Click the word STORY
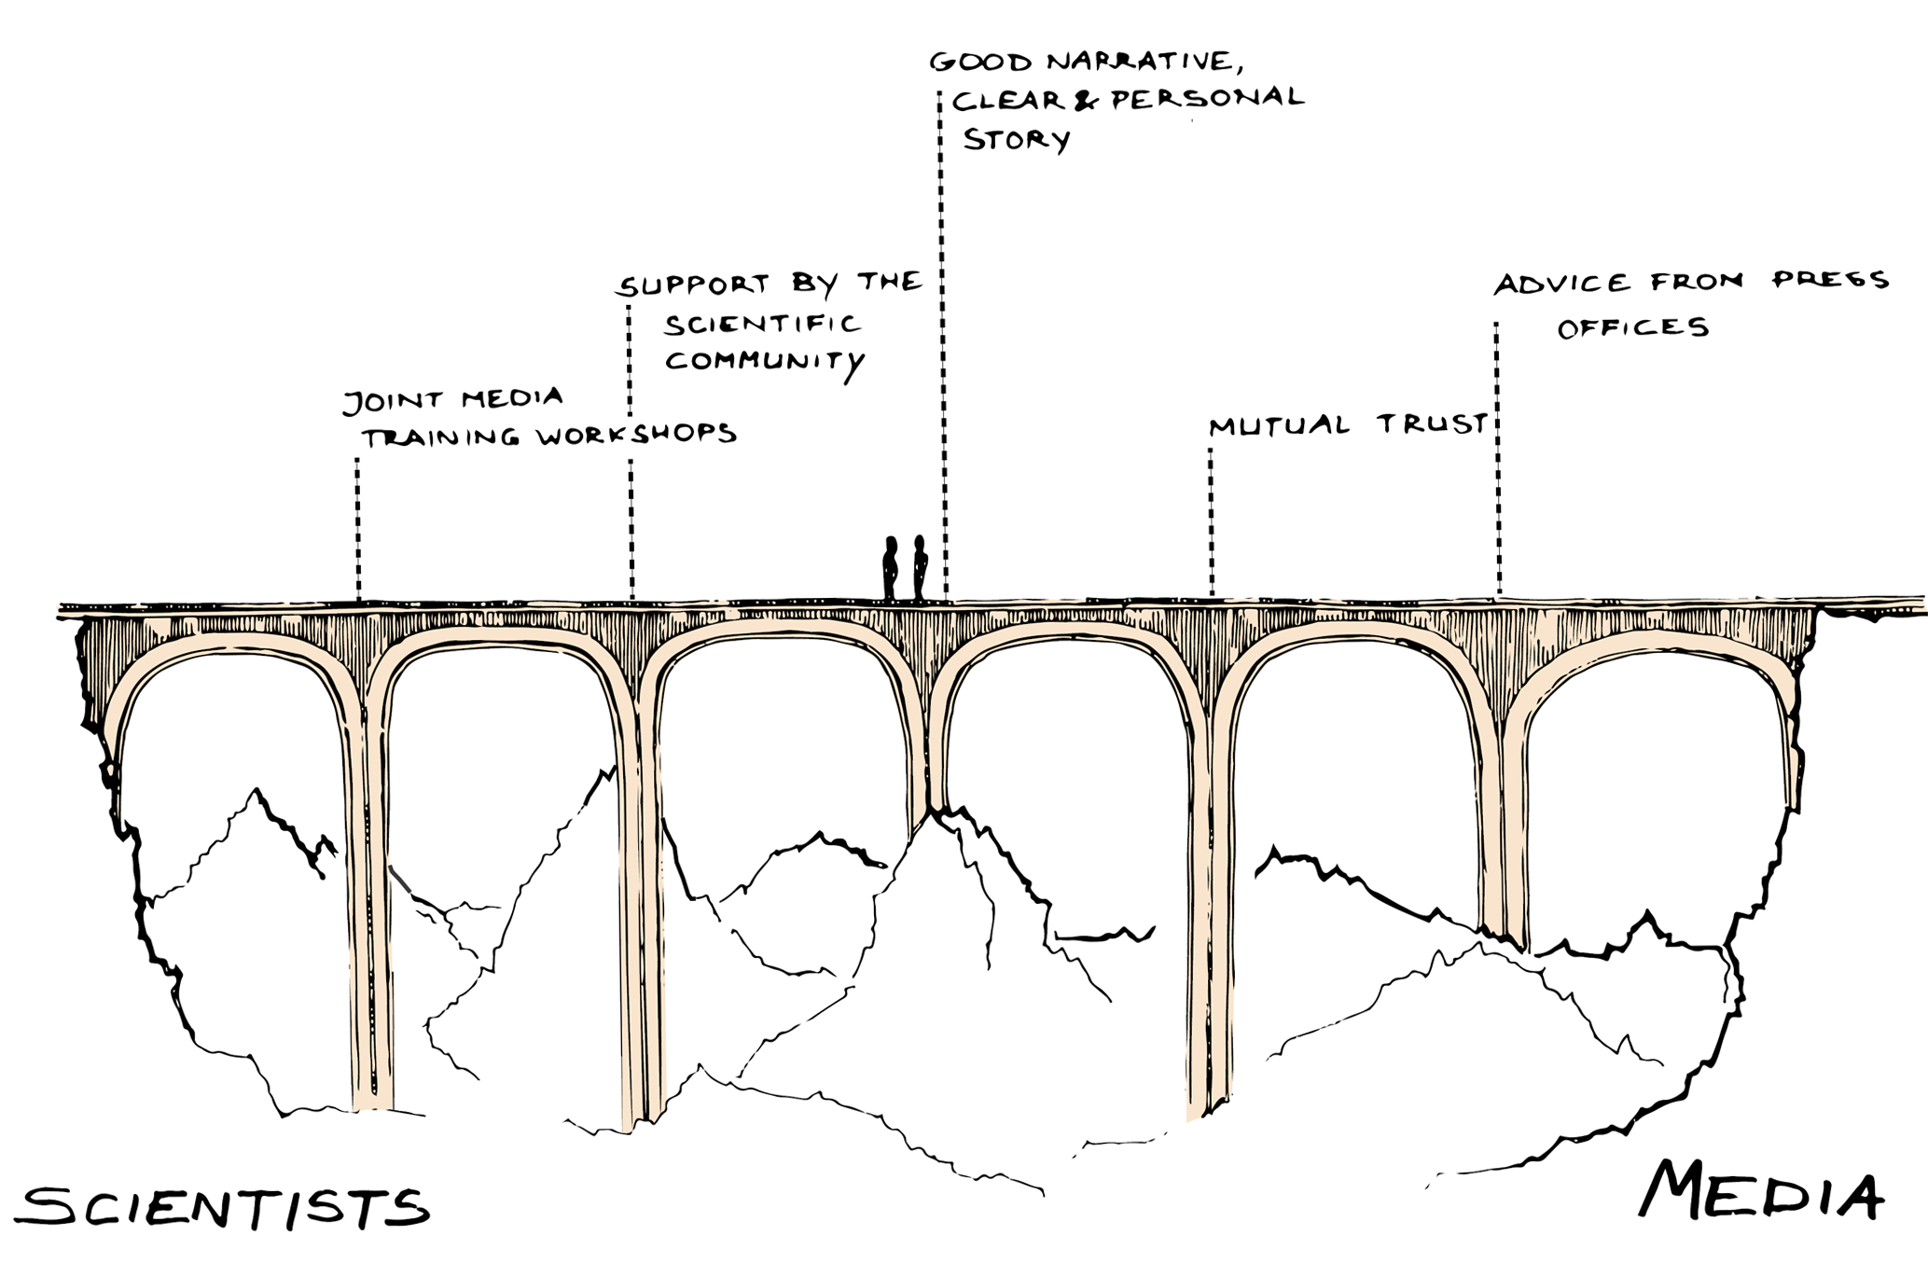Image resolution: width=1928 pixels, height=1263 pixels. click(x=1016, y=140)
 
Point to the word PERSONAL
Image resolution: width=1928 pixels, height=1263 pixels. click(x=1206, y=98)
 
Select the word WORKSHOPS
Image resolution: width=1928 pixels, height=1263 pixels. click(x=637, y=434)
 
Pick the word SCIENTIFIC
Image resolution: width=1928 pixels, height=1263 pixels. click(x=762, y=324)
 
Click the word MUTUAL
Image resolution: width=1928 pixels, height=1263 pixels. click(x=1278, y=426)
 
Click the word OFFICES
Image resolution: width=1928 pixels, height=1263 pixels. click(x=1632, y=327)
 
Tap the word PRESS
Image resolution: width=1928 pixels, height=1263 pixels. click(x=1830, y=280)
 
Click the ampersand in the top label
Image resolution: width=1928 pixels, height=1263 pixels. click(x=1086, y=100)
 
